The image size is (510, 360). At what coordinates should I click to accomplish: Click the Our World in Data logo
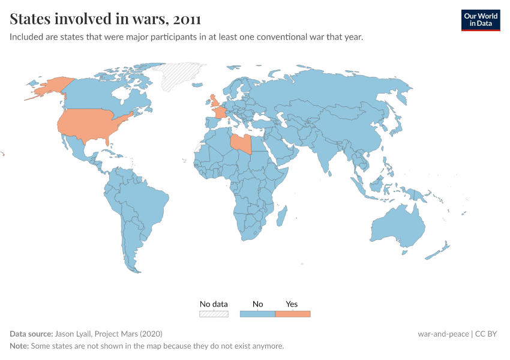click(x=480, y=20)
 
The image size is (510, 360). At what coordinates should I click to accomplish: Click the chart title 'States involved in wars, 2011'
click(x=106, y=19)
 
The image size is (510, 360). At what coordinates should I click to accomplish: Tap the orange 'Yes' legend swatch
click(x=292, y=314)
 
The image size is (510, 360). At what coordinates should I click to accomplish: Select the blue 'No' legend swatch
click(x=257, y=314)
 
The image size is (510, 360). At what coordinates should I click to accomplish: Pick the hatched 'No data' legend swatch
click(x=214, y=314)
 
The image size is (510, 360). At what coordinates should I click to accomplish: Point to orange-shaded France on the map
click(x=221, y=113)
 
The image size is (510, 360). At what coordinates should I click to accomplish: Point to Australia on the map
click(x=398, y=227)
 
